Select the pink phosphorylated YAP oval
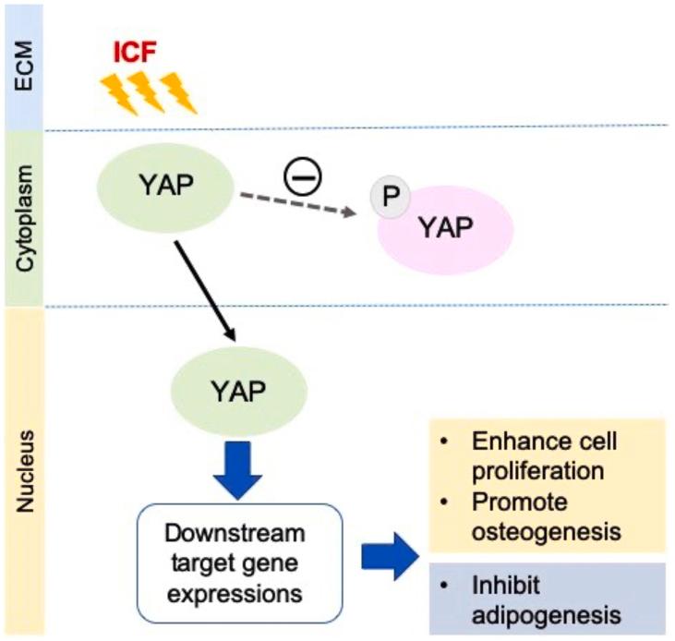(440, 232)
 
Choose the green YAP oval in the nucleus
(237, 393)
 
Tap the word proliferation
(537, 471)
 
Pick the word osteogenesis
(540, 531)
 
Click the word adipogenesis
(541, 614)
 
